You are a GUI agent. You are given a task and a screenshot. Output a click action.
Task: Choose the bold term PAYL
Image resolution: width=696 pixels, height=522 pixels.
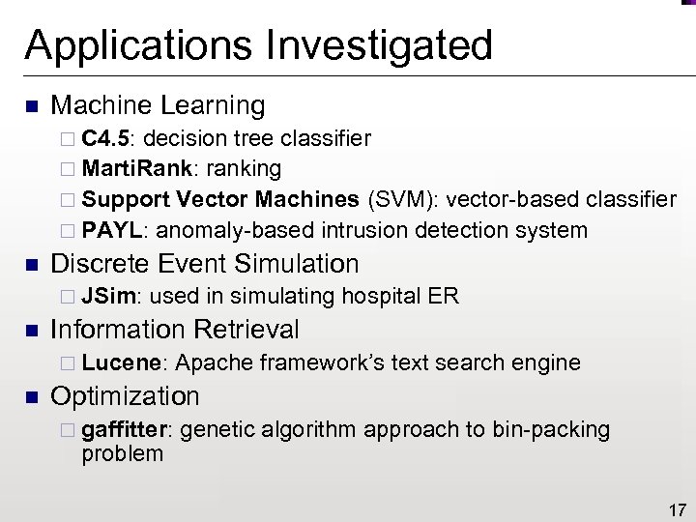tap(115, 230)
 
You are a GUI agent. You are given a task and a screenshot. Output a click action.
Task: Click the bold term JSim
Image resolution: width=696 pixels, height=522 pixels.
tap(112, 296)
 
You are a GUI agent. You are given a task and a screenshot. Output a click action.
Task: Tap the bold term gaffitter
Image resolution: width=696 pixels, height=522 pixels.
tap(127, 428)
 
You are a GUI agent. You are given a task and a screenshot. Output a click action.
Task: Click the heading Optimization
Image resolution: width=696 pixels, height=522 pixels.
tap(125, 396)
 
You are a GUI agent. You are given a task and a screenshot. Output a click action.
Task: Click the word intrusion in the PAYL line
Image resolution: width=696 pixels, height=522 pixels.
tap(357, 230)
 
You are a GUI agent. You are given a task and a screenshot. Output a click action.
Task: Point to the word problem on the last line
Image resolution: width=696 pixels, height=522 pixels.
tap(123, 452)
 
